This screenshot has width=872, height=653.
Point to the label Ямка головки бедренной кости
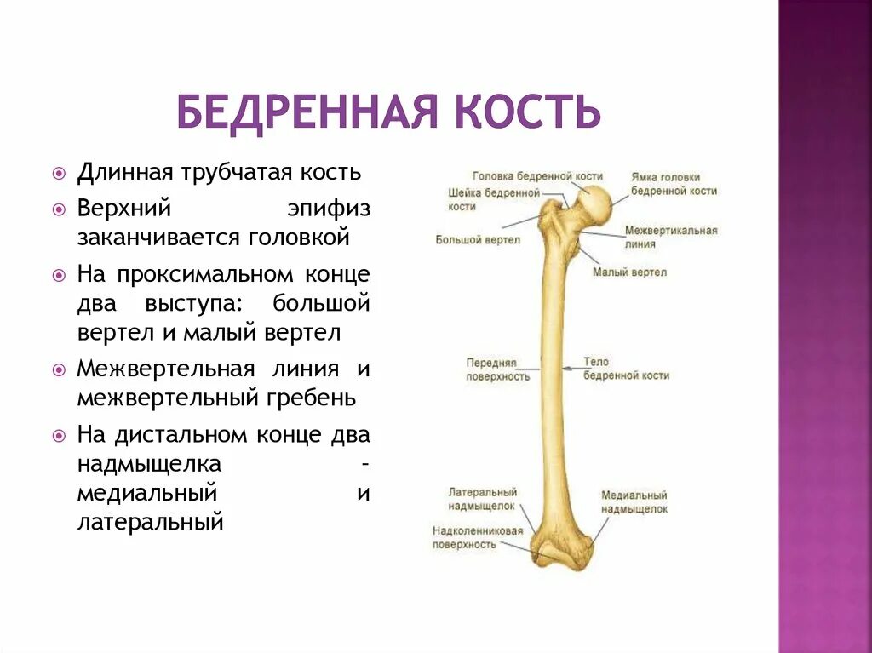(x=673, y=184)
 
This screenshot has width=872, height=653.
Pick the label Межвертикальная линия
(x=670, y=237)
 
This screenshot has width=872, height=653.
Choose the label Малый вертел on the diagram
(x=629, y=272)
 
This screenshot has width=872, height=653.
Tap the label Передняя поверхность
(x=497, y=369)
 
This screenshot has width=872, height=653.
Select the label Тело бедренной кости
(x=626, y=369)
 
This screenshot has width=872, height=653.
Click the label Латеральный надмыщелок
(x=483, y=498)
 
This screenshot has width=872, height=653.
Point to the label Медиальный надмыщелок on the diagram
(x=634, y=501)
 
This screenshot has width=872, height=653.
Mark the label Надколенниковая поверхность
(x=477, y=537)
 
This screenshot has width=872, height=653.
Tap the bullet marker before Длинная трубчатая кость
(x=59, y=173)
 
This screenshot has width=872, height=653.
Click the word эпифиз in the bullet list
(x=328, y=208)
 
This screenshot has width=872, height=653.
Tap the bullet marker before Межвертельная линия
(x=59, y=370)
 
